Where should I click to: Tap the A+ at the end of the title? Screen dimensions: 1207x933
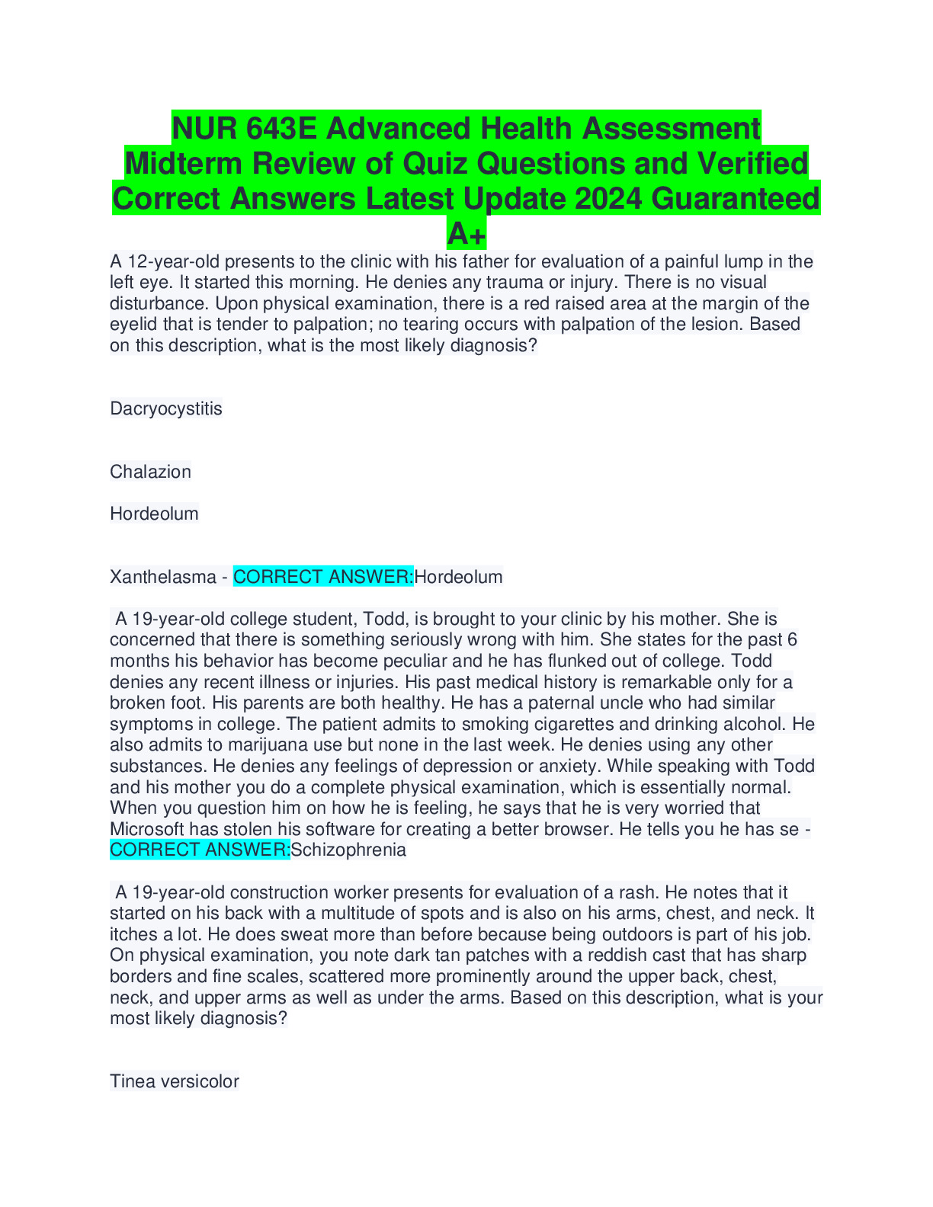[x=466, y=233]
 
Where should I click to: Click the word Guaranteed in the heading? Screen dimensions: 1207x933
[x=736, y=198]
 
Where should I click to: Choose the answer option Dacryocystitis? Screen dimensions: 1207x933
[x=166, y=408]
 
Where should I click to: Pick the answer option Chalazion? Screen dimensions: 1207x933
[x=150, y=472]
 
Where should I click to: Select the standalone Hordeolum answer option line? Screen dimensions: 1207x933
[x=154, y=514]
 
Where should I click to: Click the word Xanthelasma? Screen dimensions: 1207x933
[x=163, y=577]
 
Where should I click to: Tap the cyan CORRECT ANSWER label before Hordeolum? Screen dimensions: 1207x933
[x=323, y=577]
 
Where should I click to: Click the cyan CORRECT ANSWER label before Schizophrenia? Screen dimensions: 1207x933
[x=200, y=850]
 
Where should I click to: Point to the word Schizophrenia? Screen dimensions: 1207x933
[x=349, y=850]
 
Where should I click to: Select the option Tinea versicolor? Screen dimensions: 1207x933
[x=175, y=1081]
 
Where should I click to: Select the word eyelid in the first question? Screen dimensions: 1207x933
[x=133, y=325]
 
